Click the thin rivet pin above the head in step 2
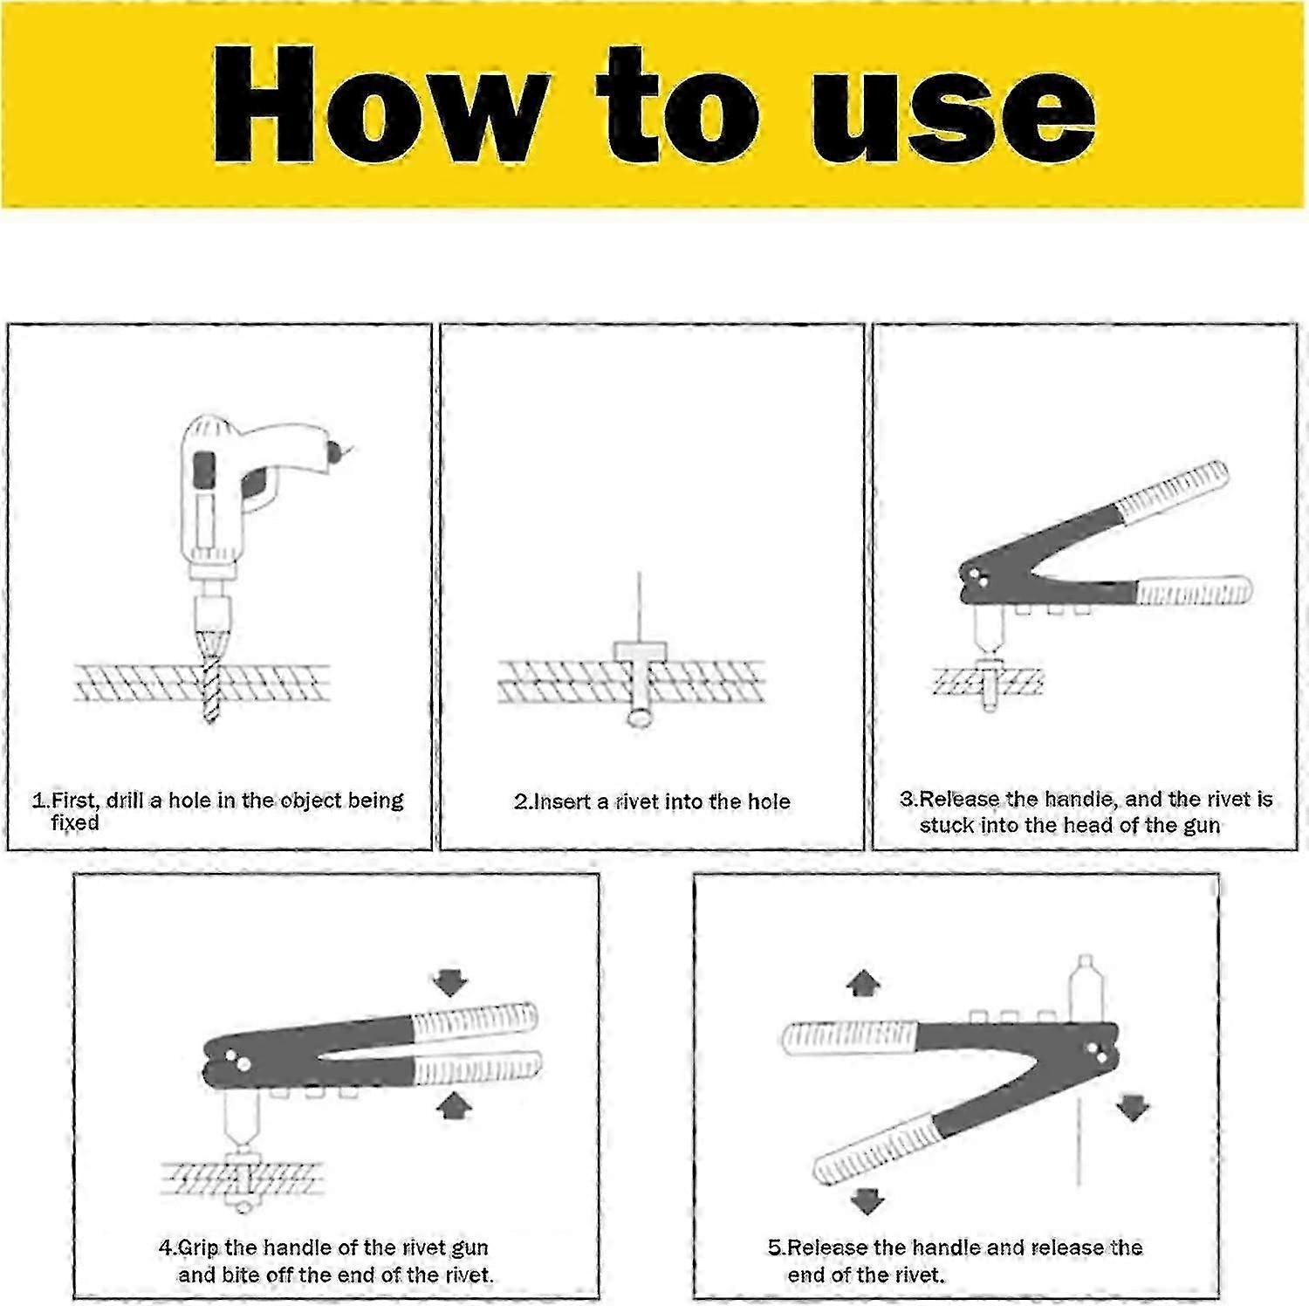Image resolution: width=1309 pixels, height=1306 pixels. point(639,607)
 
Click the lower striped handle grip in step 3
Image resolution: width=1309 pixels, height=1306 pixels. point(1193,591)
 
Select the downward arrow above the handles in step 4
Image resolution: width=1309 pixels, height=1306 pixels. point(450,981)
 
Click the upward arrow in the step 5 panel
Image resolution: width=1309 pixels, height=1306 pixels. point(863,984)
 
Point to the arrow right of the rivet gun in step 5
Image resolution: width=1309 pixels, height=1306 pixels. point(1132,1108)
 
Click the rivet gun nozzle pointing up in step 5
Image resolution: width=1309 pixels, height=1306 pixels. point(1085,986)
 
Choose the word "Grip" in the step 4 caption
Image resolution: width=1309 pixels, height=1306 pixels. point(198,1248)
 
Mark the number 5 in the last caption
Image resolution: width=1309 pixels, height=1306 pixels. point(774,1248)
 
